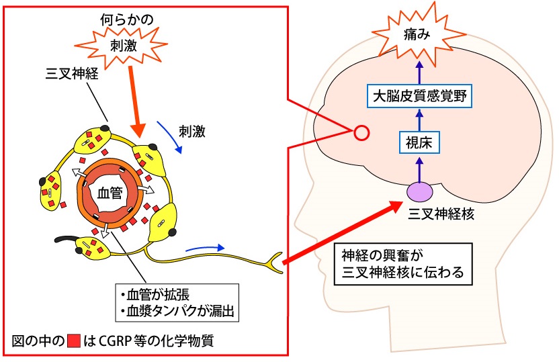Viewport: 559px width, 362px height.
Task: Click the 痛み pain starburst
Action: coord(418,33)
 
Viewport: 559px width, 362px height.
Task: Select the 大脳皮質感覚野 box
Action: coord(419,97)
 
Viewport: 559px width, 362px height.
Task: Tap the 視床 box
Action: coord(418,142)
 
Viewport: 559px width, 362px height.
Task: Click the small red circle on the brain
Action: coord(361,133)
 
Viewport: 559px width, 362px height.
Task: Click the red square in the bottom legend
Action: coord(76,340)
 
